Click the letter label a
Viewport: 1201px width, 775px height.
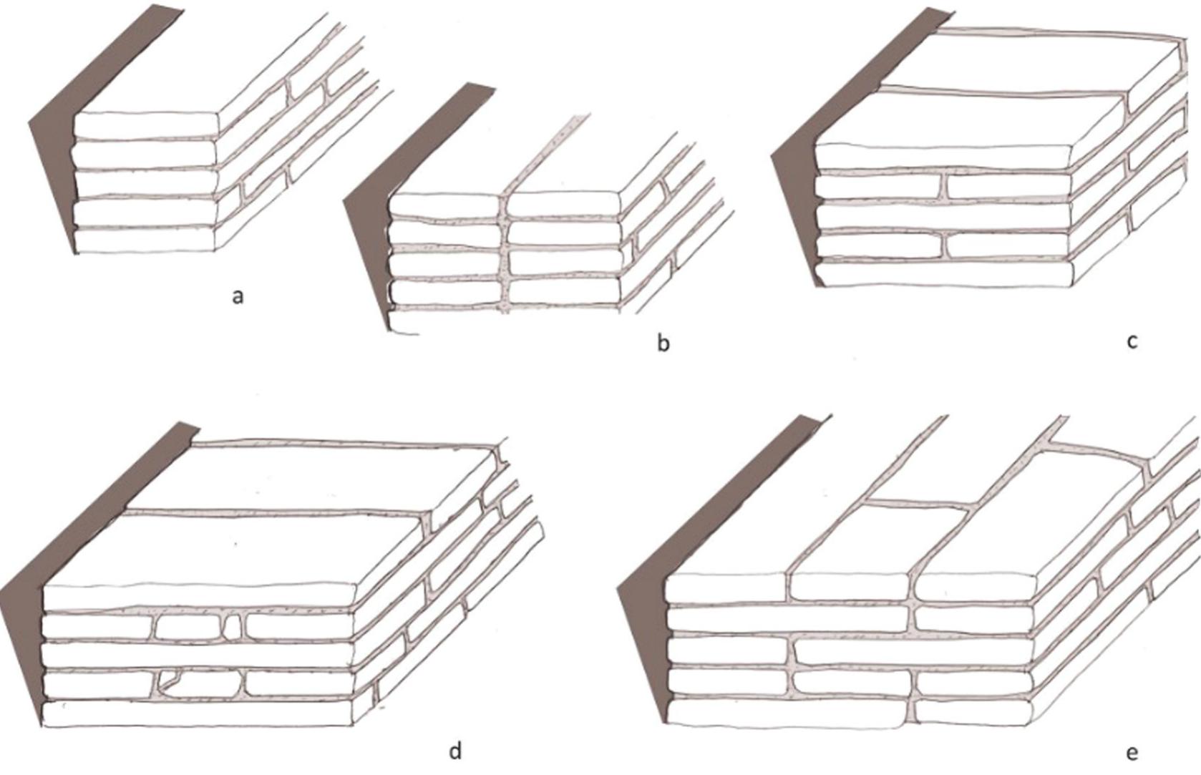click(238, 296)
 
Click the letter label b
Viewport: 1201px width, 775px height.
click(663, 343)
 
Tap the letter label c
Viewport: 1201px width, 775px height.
click(1132, 341)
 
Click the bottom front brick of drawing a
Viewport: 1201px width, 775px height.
click(145, 240)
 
